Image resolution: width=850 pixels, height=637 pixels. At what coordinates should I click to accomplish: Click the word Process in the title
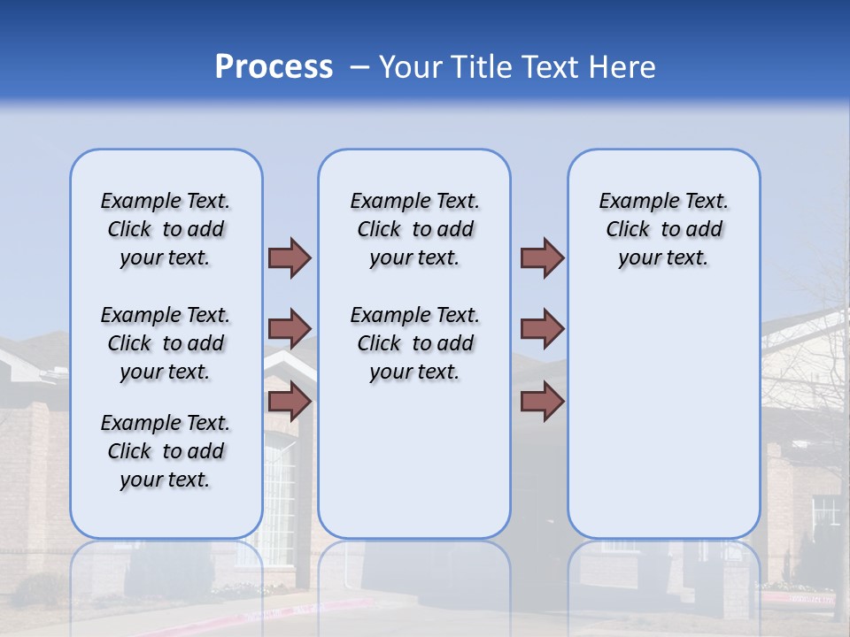(x=274, y=66)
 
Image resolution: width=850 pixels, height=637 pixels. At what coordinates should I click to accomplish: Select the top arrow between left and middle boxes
(x=290, y=257)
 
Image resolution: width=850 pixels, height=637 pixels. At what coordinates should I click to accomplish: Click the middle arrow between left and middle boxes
(x=290, y=329)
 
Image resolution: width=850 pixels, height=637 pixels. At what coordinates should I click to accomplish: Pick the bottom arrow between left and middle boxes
(x=290, y=402)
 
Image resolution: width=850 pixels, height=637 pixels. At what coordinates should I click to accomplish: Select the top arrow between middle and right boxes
(x=542, y=257)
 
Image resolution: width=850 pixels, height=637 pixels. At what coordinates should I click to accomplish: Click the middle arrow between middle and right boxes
(x=542, y=329)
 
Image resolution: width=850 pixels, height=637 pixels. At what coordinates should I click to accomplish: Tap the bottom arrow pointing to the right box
(x=542, y=402)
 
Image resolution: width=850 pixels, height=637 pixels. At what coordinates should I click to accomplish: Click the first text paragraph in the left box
(x=166, y=229)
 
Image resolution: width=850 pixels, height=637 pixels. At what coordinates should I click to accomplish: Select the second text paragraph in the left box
(x=166, y=343)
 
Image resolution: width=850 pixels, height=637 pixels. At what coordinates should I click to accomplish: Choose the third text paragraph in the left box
(x=166, y=451)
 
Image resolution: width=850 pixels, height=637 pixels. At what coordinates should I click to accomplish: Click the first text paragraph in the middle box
(x=414, y=229)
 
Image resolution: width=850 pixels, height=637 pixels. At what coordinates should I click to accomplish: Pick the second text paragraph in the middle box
(x=414, y=343)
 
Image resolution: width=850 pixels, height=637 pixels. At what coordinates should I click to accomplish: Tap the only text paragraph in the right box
(x=663, y=229)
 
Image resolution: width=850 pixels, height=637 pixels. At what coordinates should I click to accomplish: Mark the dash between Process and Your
(x=359, y=67)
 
